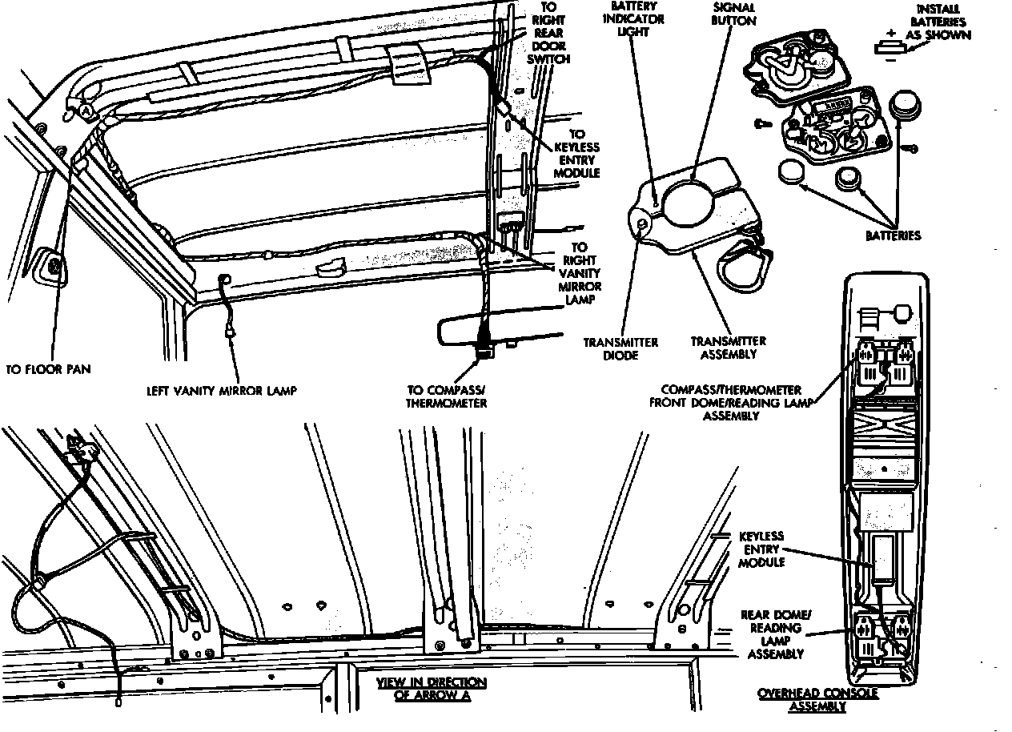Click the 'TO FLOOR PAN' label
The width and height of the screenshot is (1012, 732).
click(48, 369)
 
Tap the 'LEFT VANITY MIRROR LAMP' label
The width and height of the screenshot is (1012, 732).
click(222, 391)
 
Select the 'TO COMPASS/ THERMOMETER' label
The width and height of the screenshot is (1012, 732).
click(447, 396)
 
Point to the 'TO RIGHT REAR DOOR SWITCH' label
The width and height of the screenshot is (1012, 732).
click(548, 33)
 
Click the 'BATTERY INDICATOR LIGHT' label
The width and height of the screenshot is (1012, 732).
click(633, 19)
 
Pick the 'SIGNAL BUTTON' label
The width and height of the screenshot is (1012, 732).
click(733, 14)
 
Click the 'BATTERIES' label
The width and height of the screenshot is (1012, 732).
click(894, 235)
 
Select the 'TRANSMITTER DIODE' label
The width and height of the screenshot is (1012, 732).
click(620, 349)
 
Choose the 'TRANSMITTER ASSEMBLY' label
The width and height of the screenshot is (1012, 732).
click(729, 348)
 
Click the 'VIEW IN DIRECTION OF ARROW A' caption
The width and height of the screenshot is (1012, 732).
click(432, 689)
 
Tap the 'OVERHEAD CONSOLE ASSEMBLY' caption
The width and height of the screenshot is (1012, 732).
click(817, 700)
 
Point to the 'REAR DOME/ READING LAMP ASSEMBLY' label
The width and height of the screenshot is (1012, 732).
click(776, 634)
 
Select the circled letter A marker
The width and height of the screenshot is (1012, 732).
click(86, 111)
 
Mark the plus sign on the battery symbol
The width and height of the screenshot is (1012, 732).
click(891, 33)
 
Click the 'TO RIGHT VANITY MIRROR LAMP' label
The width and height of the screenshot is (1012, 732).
click(580, 273)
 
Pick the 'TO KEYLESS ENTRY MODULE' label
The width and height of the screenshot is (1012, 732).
click(577, 154)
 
